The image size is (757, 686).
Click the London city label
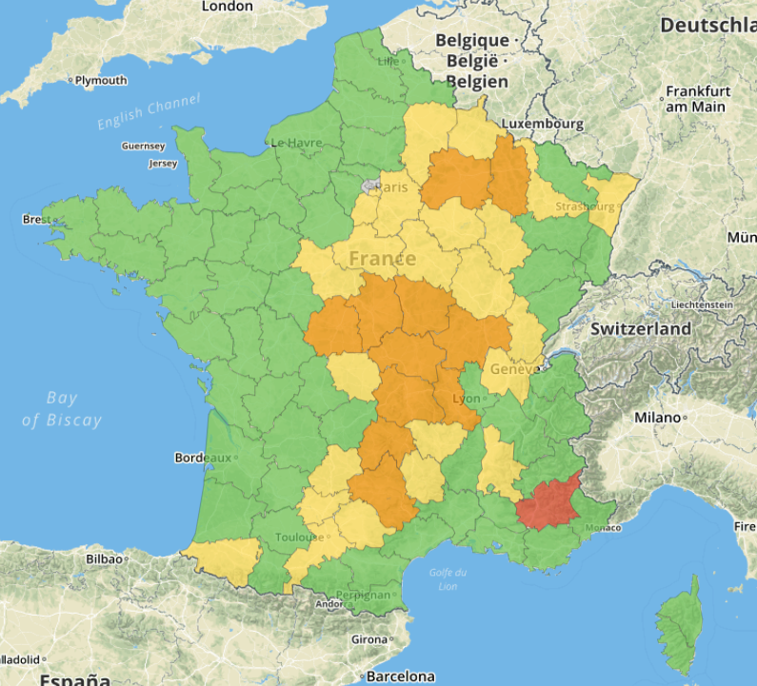[x=228, y=7]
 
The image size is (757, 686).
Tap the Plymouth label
[x=100, y=81]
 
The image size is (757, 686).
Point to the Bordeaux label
[x=203, y=458]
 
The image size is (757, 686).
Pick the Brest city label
[x=37, y=220]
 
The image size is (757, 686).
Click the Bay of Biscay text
[x=62, y=409]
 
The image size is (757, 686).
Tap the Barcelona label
[x=400, y=676]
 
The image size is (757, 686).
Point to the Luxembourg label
[x=542, y=124]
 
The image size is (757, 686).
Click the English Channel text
[x=149, y=111]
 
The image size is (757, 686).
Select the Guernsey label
[x=143, y=147]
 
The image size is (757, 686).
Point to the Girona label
[x=369, y=639]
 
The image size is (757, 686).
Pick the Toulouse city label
[x=300, y=538]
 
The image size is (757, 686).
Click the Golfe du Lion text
[x=447, y=578]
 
